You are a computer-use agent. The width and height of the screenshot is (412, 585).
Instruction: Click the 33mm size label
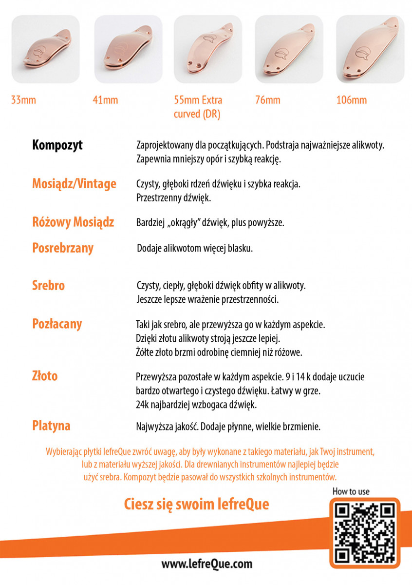[x=23, y=100]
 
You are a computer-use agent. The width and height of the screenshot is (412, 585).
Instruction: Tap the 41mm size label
[x=105, y=100]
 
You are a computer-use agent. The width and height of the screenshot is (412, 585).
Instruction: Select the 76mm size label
[x=268, y=100]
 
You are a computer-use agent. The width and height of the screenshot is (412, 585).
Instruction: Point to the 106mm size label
[x=351, y=100]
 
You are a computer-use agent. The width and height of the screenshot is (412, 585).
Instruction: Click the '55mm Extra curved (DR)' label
[x=198, y=107]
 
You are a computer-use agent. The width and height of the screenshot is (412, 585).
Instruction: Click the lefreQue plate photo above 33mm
[x=46, y=49]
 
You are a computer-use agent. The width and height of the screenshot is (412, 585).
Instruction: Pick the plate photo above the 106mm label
[x=370, y=49]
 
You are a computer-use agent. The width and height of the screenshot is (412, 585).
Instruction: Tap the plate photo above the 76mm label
[x=289, y=49]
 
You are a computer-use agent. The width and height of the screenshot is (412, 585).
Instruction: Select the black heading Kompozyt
[x=57, y=145]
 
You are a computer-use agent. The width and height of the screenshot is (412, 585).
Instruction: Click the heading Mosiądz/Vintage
[x=74, y=184]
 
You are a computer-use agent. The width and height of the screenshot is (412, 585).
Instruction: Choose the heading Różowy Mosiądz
[x=73, y=222]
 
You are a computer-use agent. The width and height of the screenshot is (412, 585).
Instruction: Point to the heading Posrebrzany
[x=63, y=248]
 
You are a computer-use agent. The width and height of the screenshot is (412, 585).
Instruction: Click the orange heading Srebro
[x=48, y=285]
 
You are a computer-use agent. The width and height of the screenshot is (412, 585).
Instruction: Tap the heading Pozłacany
[x=57, y=324]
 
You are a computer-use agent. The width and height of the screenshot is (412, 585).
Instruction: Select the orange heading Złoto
[x=45, y=376]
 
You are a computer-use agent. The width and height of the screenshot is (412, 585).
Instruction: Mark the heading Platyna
[x=51, y=426]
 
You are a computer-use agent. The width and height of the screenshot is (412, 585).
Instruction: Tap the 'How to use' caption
[x=351, y=491]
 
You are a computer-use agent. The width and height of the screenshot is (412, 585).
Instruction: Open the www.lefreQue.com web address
[x=207, y=564]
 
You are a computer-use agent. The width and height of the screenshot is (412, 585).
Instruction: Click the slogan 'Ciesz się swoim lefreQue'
[x=197, y=504]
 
